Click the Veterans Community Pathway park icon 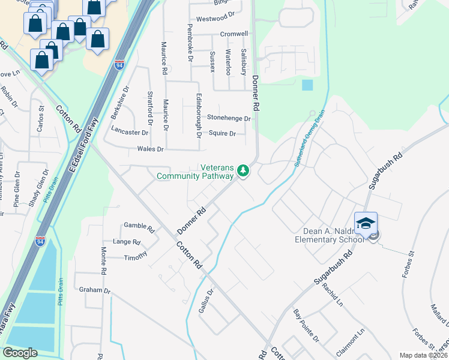243,171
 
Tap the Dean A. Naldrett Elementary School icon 366,223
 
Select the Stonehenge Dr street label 229,118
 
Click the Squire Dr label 222,133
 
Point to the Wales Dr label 151,149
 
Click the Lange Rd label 127,242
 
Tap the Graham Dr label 95,290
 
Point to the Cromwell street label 234,34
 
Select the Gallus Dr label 206,301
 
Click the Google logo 20,353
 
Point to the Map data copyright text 424,355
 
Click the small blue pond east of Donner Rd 307,85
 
